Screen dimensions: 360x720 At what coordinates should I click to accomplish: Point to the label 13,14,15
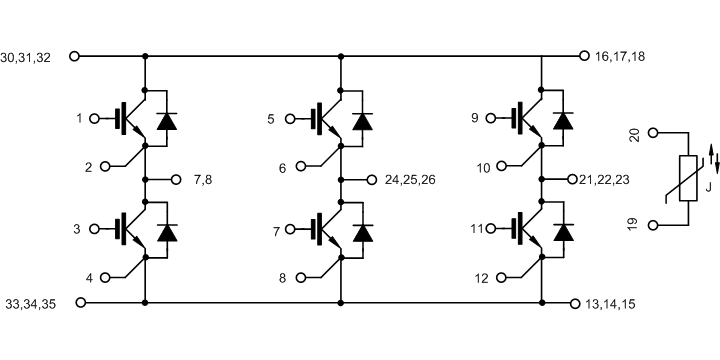click(608, 303)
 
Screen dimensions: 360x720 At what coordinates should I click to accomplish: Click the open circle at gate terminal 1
click(95, 119)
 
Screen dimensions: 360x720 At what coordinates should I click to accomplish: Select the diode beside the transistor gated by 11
click(565, 231)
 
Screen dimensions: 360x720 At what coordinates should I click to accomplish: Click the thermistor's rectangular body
click(688, 179)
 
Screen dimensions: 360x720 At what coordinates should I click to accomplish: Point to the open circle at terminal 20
click(654, 133)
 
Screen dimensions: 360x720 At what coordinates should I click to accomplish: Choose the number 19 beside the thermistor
click(632, 225)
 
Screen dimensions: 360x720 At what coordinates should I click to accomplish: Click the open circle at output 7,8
click(177, 180)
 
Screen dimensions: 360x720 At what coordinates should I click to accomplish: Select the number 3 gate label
click(77, 230)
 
